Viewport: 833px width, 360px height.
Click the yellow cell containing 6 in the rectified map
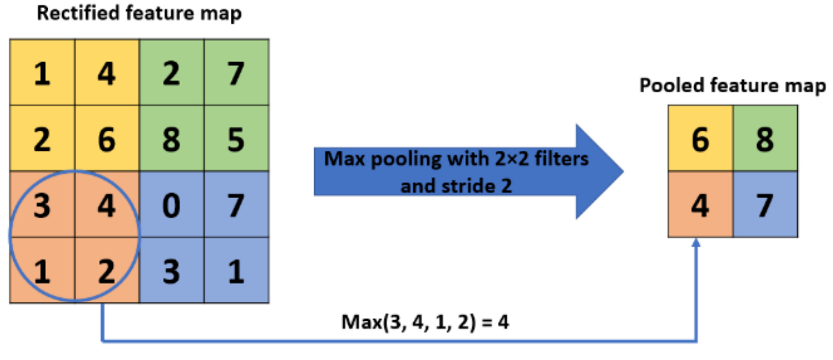(x=106, y=139)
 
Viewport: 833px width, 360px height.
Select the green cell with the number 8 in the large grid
(x=171, y=139)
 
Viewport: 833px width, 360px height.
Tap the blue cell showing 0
(x=171, y=204)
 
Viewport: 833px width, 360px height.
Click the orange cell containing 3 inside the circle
(x=42, y=204)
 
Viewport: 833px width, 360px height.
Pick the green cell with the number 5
(x=235, y=139)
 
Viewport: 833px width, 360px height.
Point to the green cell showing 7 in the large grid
(x=235, y=73)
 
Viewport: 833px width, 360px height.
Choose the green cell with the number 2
(x=171, y=73)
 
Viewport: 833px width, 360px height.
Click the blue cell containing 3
(x=171, y=270)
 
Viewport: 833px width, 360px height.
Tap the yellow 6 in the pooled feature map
(x=700, y=138)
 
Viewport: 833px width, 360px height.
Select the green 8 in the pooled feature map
(x=765, y=138)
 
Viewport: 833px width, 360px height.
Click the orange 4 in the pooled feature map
(x=700, y=204)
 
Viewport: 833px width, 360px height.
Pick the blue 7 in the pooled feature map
(x=765, y=204)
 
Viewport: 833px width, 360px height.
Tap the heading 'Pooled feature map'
(x=732, y=86)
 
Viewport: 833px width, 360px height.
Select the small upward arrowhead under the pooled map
(x=697, y=244)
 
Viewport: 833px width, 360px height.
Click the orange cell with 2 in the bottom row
(x=106, y=270)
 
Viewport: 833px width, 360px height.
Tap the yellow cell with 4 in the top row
(x=106, y=73)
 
